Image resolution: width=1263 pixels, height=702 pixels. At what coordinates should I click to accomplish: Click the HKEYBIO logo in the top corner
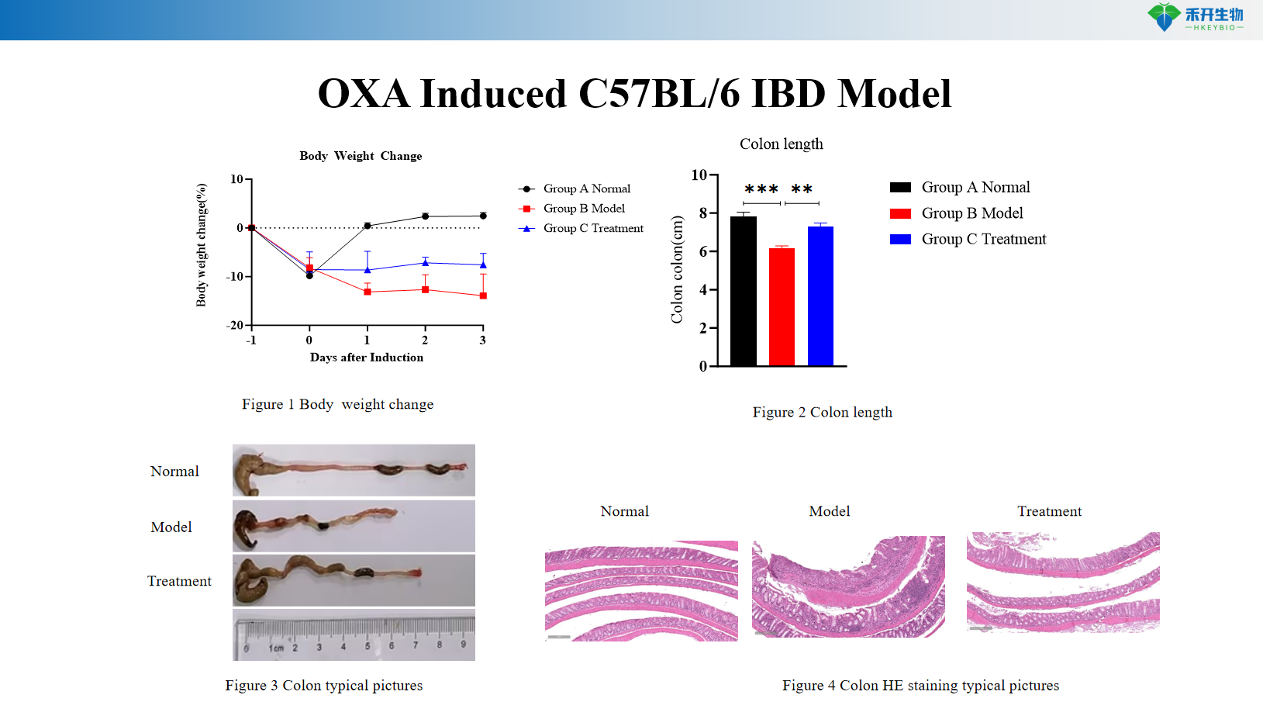click(x=1196, y=17)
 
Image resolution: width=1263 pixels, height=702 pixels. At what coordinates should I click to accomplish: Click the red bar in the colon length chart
click(x=782, y=306)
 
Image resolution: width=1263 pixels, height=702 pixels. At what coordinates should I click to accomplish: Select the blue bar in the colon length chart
click(x=820, y=296)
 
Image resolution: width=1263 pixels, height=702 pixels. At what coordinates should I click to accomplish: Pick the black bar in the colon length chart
click(x=743, y=291)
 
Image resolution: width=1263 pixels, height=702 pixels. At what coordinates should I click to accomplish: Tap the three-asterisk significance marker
click(x=761, y=190)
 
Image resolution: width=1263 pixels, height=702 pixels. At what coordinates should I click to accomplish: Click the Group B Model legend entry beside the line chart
click(x=584, y=209)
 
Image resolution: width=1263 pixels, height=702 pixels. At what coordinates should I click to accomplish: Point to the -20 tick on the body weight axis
click(x=235, y=325)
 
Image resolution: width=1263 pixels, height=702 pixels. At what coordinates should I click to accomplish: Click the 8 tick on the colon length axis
click(x=703, y=213)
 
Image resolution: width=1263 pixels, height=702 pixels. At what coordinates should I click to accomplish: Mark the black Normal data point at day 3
click(x=483, y=216)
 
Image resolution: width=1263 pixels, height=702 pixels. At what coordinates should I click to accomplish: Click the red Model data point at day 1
click(x=368, y=292)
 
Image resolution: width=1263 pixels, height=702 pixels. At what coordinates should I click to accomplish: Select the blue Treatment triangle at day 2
click(x=425, y=262)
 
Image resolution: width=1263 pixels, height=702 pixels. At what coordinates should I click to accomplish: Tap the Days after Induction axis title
click(x=367, y=358)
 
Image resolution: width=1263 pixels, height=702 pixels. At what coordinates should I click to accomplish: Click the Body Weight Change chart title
click(x=361, y=156)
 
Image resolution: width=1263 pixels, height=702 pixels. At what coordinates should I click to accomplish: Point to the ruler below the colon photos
click(x=354, y=635)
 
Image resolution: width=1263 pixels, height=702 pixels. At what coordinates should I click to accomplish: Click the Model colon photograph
click(x=354, y=526)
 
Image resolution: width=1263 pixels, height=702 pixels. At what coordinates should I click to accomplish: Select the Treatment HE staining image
click(x=1063, y=582)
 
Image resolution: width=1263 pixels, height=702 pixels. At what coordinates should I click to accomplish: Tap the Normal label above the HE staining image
click(x=624, y=511)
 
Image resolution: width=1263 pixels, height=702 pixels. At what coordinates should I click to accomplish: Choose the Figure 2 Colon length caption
click(x=822, y=413)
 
